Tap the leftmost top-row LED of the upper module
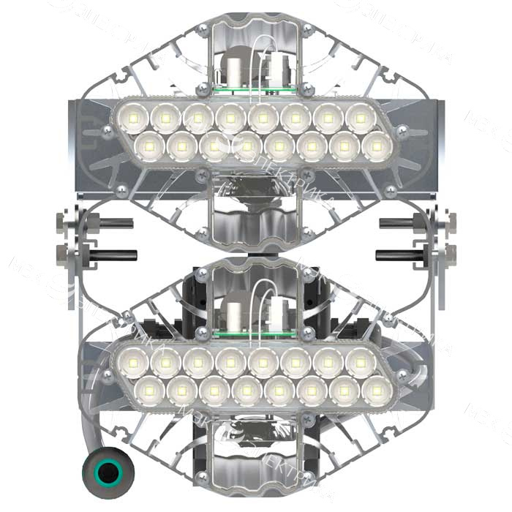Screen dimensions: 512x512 point(134,118)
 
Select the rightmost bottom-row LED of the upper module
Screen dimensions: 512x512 point(377,146)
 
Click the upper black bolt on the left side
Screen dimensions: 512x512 point(110,223)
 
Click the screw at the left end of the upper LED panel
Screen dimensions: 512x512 point(108,132)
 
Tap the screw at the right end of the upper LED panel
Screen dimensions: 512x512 point(402,132)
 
